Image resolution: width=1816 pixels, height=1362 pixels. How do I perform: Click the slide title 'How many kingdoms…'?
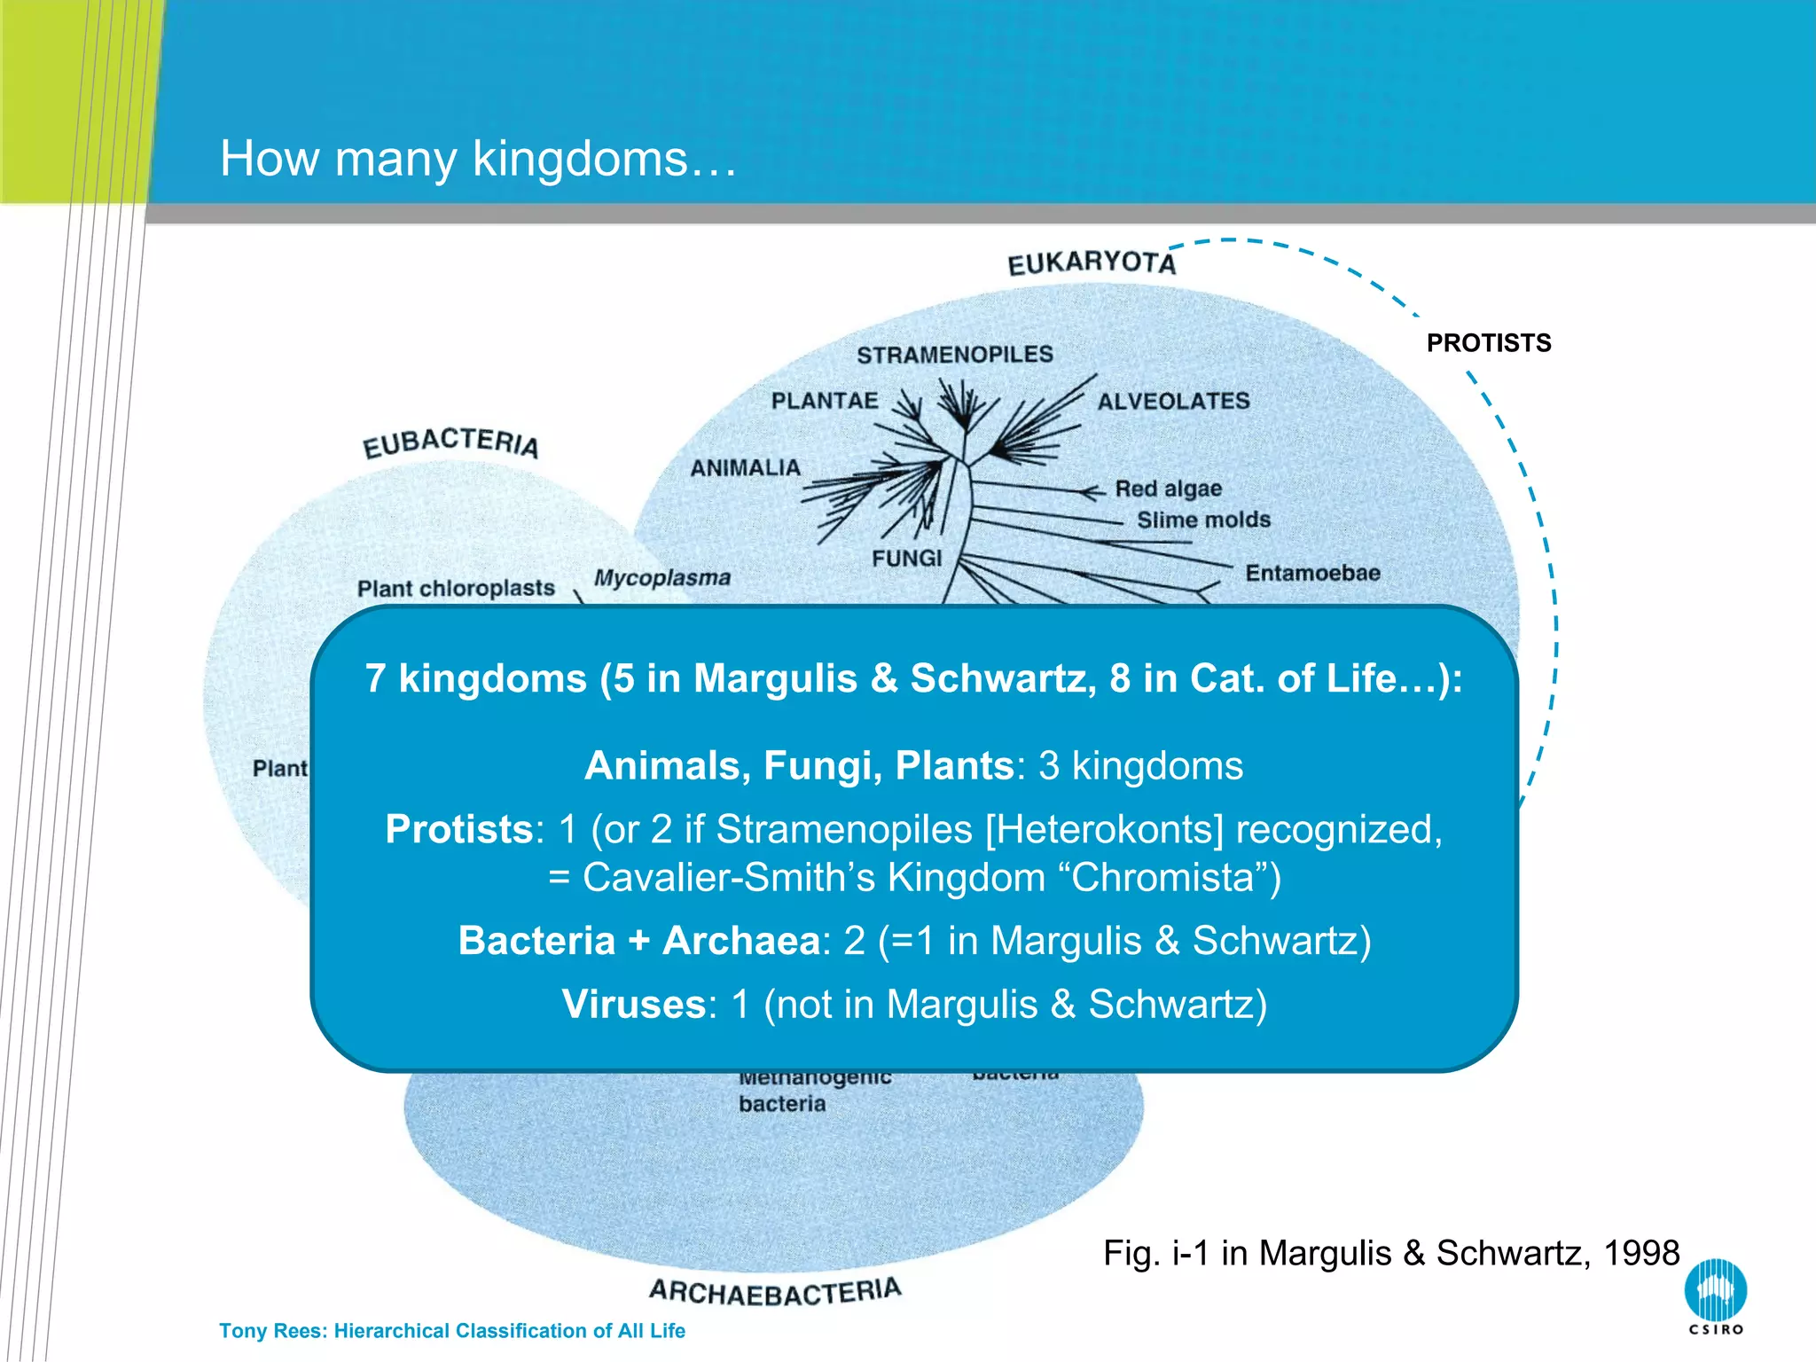pyautogui.click(x=478, y=159)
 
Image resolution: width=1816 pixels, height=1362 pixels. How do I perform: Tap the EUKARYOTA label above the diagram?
pyautogui.click(x=1092, y=263)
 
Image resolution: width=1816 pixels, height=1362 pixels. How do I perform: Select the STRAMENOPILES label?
pyautogui.click(x=955, y=355)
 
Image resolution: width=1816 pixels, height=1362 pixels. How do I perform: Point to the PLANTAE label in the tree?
pyautogui.click(x=825, y=401)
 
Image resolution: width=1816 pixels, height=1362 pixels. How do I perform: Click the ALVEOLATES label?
pyautogui.click(x=1173, y=402)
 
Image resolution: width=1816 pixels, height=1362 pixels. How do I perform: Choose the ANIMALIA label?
pyautogui.click(x=746, y=467)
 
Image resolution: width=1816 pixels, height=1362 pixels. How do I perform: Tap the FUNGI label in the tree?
pyautogui.click(x=906, y=558)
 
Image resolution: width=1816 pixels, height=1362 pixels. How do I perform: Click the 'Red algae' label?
pyautogui.click(x=1168, y=489)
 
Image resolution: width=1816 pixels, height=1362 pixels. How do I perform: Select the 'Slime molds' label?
pyautogui.click(x=1203, y=520)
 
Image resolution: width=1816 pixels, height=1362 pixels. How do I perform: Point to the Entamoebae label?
pyautogui.click(x=1312, y=573)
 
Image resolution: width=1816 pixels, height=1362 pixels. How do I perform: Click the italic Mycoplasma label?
pyautogui.click(x=662, y=578)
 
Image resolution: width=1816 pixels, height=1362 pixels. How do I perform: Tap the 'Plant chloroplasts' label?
pyautogui.click(x=456, y=588)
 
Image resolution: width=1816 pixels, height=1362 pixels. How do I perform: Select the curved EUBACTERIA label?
pyautogui.click(x=450, y=442)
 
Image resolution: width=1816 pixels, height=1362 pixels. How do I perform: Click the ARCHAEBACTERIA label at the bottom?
pyautogui.click(x=775, y=1292)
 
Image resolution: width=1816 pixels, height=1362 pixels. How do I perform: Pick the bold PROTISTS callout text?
pyautogui.click(x=1489, y=343)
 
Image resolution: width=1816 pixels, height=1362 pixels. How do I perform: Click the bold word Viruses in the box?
pyautogui.click(x=634, y=1005)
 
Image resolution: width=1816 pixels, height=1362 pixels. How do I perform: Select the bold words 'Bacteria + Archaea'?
pyautogui.click(x=638, y=941)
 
